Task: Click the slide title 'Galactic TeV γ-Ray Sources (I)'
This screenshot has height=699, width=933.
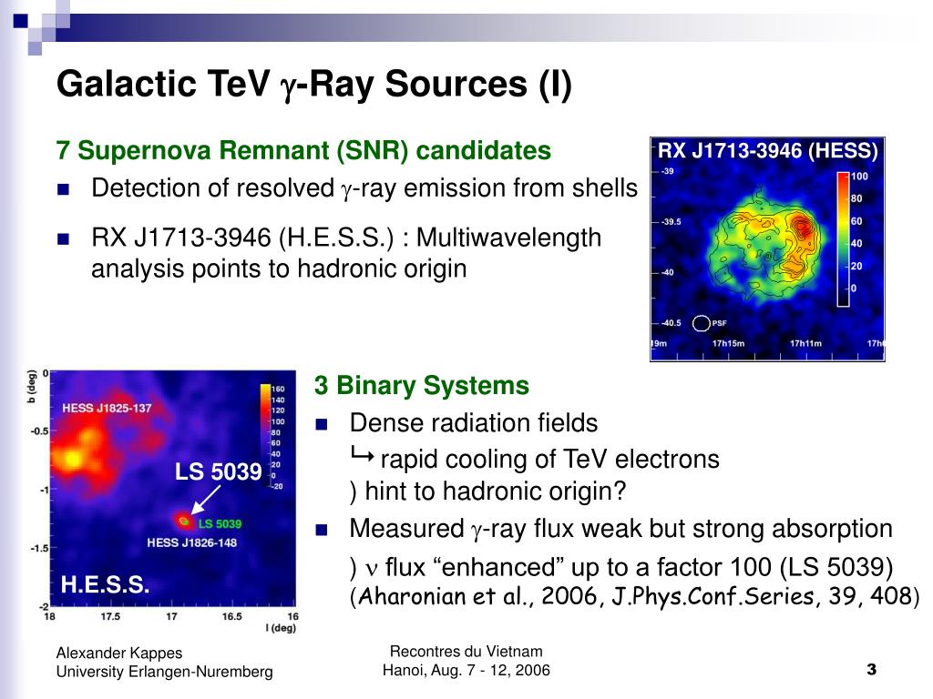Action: coord(314,85)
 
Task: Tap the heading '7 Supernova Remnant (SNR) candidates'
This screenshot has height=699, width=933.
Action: coord(303,150)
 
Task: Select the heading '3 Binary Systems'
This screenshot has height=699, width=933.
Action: coord(421,385)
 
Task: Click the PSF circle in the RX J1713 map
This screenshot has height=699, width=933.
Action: coord(702,323)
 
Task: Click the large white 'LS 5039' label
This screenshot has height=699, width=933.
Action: coord(219,472)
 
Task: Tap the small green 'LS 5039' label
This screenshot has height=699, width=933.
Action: coord(220,523)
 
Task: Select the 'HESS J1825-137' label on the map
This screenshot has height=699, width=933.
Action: coord(108,409)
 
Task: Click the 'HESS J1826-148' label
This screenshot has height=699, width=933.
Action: coord(191,542)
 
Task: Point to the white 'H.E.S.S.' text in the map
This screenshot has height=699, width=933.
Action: coord(105,585)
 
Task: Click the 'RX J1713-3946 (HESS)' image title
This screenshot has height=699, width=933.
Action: coord(767,150)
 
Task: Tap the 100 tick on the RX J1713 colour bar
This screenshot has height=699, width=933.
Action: coord(859,176)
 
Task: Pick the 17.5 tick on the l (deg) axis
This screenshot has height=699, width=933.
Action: coord(110,616)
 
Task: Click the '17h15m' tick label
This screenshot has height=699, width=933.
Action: coord(728,343)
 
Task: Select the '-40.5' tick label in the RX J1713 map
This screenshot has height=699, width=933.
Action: coord(672,323)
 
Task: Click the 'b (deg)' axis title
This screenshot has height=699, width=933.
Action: coord(32,386)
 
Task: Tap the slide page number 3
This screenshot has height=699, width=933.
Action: coord(872,670)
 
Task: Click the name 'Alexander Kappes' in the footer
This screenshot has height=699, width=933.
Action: coord(119,653)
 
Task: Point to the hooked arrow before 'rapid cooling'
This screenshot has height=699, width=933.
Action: coord(363,455)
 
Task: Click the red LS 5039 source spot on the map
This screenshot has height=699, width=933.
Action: coord(183,521)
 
